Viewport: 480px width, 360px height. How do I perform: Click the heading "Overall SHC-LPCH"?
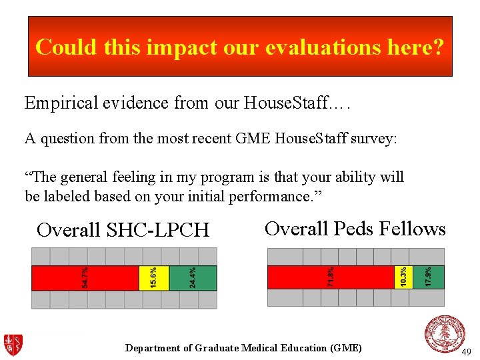(x=123, y=230)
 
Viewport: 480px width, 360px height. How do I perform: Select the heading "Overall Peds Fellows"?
(x=355, y=229)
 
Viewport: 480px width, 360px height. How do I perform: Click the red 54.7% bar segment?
(x=85, y=278)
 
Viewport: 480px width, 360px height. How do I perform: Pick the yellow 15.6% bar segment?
(x=154, y=278)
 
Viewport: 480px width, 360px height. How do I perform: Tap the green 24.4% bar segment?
(x=193, y=278)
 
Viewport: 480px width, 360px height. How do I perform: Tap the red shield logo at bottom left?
(x=13, y=345)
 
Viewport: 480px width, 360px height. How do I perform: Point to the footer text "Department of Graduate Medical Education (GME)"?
(x=243, y=348)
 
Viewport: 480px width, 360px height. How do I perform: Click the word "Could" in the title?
(x=62, y=47)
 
